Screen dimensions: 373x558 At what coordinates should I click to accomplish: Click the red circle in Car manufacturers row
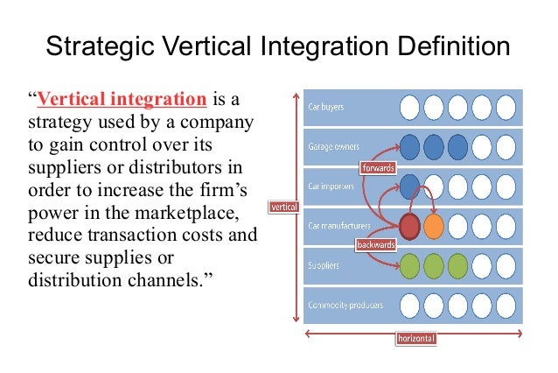point(409,226)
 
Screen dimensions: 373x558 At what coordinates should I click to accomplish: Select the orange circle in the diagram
point(433,226)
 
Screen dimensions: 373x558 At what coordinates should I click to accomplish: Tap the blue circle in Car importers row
point(409,186)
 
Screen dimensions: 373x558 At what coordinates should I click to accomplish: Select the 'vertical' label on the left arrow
point(283,208)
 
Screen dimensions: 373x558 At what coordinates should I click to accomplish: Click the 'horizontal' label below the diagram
point(416,338)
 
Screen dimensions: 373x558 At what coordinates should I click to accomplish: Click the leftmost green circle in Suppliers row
point(409,265)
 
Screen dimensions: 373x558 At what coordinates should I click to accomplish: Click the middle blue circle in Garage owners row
point(433,146)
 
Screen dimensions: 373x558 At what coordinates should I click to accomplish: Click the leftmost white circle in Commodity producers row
point(409,306)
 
